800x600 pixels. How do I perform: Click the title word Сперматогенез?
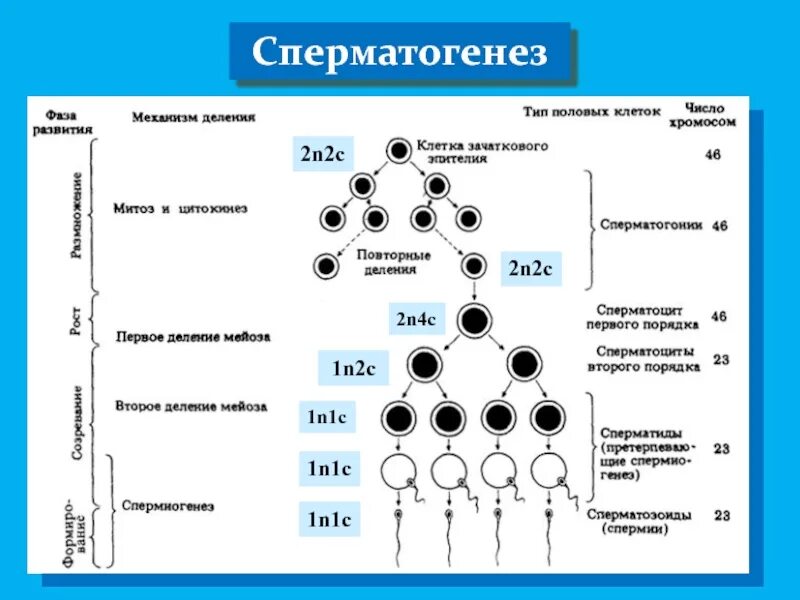coord(400,52)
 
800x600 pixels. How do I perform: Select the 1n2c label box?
coord(353,368)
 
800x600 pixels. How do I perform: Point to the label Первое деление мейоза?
coord(193,337)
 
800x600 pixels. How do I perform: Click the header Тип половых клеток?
coord(591,112)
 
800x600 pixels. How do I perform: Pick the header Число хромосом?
coord(711,114)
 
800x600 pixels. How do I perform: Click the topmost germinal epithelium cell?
coord(398,152)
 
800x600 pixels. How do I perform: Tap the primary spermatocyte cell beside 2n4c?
coord(476,321)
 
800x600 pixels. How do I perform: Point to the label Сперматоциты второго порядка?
coord(647,358)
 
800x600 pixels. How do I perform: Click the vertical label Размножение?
coord(77,213)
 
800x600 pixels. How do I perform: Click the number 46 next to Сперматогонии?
coord(719,226)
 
